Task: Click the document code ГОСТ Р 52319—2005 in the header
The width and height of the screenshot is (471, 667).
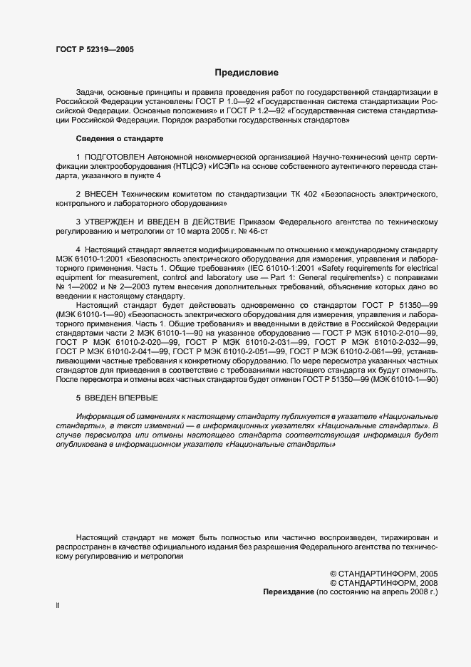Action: coord(94,49)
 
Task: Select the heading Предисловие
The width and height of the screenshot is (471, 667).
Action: coord(247,73)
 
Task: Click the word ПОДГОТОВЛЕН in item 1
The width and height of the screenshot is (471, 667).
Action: coord(116,155)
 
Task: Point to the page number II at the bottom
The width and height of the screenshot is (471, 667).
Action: coord(58,605)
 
